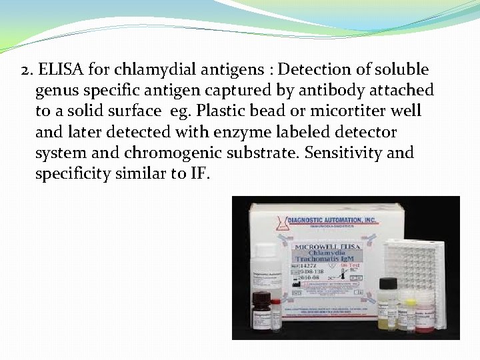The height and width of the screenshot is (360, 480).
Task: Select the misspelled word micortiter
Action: pyautogui.click(x=355, y=111)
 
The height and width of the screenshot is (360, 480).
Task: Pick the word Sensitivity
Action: pyautogui.click(x=345, y=153)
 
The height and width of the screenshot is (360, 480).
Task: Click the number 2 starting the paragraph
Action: pyautogui.click(x=25, y=69)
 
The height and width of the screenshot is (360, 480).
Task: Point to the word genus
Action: pyautogui.click(x=57, y=90)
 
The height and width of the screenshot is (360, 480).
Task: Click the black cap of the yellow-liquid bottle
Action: pyautogui.click(x=387, y=285)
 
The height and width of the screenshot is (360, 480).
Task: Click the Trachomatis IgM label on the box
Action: pyautogui.click(x=329, y=256)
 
